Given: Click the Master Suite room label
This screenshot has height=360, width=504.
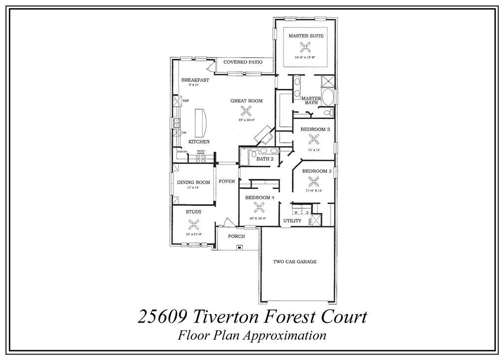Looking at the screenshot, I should click(305, 36).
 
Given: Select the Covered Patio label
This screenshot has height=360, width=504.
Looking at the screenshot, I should click(241, 63).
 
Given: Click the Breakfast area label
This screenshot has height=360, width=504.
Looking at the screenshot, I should click(195, 80).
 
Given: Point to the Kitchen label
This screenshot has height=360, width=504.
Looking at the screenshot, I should click(199, 142).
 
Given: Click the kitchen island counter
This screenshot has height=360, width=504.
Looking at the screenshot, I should click(201, 123).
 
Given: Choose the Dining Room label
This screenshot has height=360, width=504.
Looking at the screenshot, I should click(193, 182).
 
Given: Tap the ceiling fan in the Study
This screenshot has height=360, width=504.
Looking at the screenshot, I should click(193, 224).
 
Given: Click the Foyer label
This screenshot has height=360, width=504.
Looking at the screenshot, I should click(227, 181).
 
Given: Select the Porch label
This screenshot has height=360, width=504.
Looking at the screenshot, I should click(237, 236).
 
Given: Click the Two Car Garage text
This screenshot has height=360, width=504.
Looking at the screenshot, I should click(295, 262).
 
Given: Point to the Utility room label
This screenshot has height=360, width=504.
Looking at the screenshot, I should click(292, 221).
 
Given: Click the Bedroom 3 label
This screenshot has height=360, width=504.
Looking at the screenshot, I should click(316, 171).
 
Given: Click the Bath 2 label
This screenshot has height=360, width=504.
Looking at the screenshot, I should click(265, 159).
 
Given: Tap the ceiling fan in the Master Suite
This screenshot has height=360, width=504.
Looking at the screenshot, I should click(305, 47).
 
